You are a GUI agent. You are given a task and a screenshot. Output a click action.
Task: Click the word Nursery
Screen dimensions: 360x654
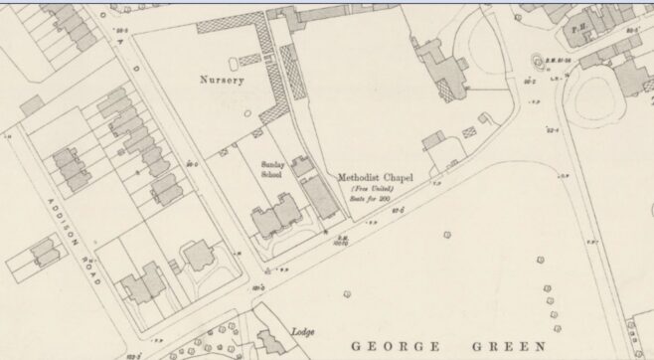click(221, 80)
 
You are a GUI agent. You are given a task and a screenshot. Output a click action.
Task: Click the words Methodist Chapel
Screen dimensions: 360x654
click(375, 178)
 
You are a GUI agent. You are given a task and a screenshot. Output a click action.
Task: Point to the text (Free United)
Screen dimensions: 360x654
click(373, 189)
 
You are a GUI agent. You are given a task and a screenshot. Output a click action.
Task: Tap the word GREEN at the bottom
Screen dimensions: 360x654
click(510, 345)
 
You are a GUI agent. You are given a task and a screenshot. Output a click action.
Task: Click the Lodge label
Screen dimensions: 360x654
click(303, 331)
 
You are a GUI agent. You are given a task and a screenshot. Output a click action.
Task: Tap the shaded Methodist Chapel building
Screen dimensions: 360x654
click(320, 197)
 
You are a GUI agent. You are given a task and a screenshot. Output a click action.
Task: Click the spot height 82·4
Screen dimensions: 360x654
click(551, 129)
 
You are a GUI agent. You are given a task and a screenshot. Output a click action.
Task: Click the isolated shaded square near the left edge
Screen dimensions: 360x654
click(30, 103)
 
